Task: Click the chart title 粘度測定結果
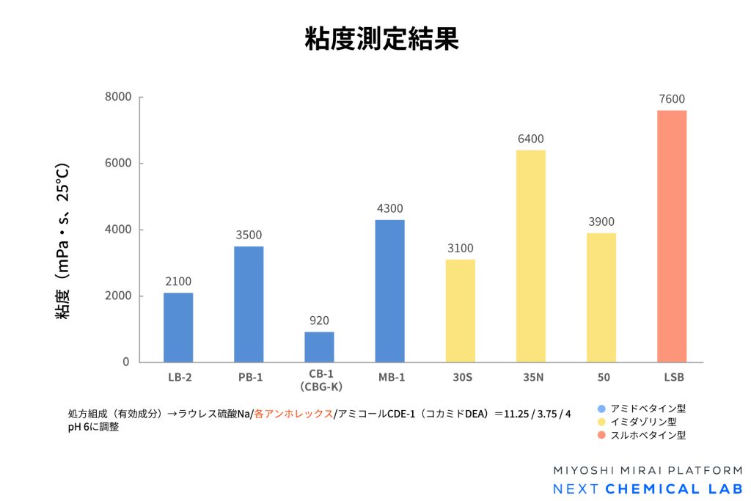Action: click(381, 39)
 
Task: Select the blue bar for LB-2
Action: click(178, 327)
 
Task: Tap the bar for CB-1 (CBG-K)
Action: click(319, 347)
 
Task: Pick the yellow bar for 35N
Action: click(530, 256)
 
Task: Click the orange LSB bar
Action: click(672, 236)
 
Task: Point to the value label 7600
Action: click(672, 99)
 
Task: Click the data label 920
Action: click(319, 321)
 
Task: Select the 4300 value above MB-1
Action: click(389, 208)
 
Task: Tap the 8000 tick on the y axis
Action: click(117, 97)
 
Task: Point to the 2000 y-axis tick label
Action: click(117, 296)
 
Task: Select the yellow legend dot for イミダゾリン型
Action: click(601, 422)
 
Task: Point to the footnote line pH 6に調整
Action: click(93, 428)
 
